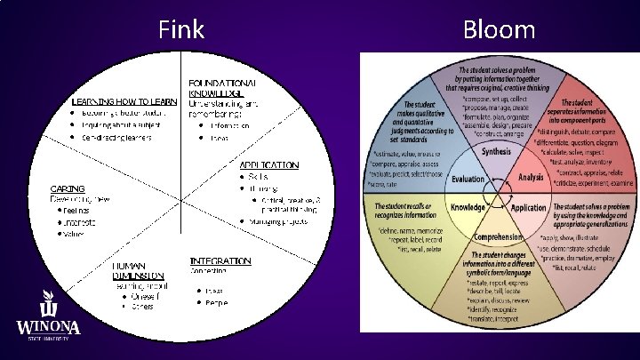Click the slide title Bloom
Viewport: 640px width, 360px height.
[x=499, y=30]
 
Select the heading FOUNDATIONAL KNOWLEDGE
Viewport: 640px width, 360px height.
[x=217, y=87]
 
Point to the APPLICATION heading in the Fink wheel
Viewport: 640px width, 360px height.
[x=269, y=165]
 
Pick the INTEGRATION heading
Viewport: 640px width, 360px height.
[x=220, y=261]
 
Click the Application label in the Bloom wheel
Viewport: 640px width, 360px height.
[x=529, y=207]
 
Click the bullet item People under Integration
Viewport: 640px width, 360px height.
[x=217, y=303]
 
